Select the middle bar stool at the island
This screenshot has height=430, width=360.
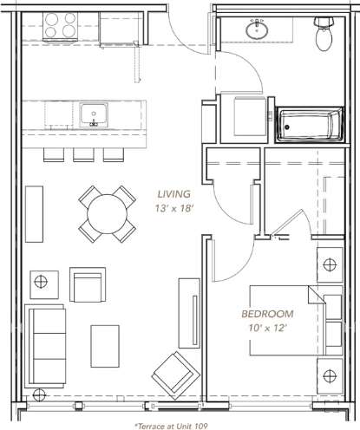tap(83, 153)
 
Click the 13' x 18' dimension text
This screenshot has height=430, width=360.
tap(173, 208)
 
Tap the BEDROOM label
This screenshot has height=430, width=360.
tap(268, 313)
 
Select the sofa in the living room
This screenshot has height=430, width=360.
tap(44, 345)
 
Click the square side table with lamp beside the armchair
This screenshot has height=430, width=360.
tap(40, 280)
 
